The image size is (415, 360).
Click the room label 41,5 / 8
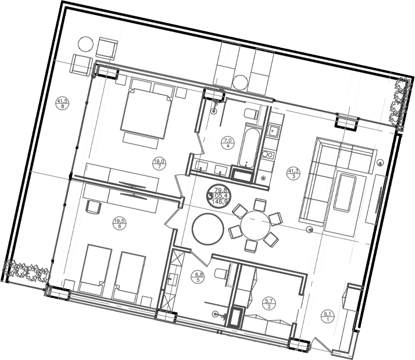coord(62,103)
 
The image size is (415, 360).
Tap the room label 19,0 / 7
coord(159,164)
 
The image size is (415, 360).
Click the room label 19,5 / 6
coord(119,222)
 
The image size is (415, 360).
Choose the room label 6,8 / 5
coord(199,278)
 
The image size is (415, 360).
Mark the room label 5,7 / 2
coord(268,303)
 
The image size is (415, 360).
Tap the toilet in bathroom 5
coord(220,273)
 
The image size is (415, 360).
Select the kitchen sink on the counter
coord(273,132)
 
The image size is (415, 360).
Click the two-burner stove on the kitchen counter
coord(268,155)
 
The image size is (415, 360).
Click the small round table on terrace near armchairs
coord(85,44)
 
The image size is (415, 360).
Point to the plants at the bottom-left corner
coord(25,271)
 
